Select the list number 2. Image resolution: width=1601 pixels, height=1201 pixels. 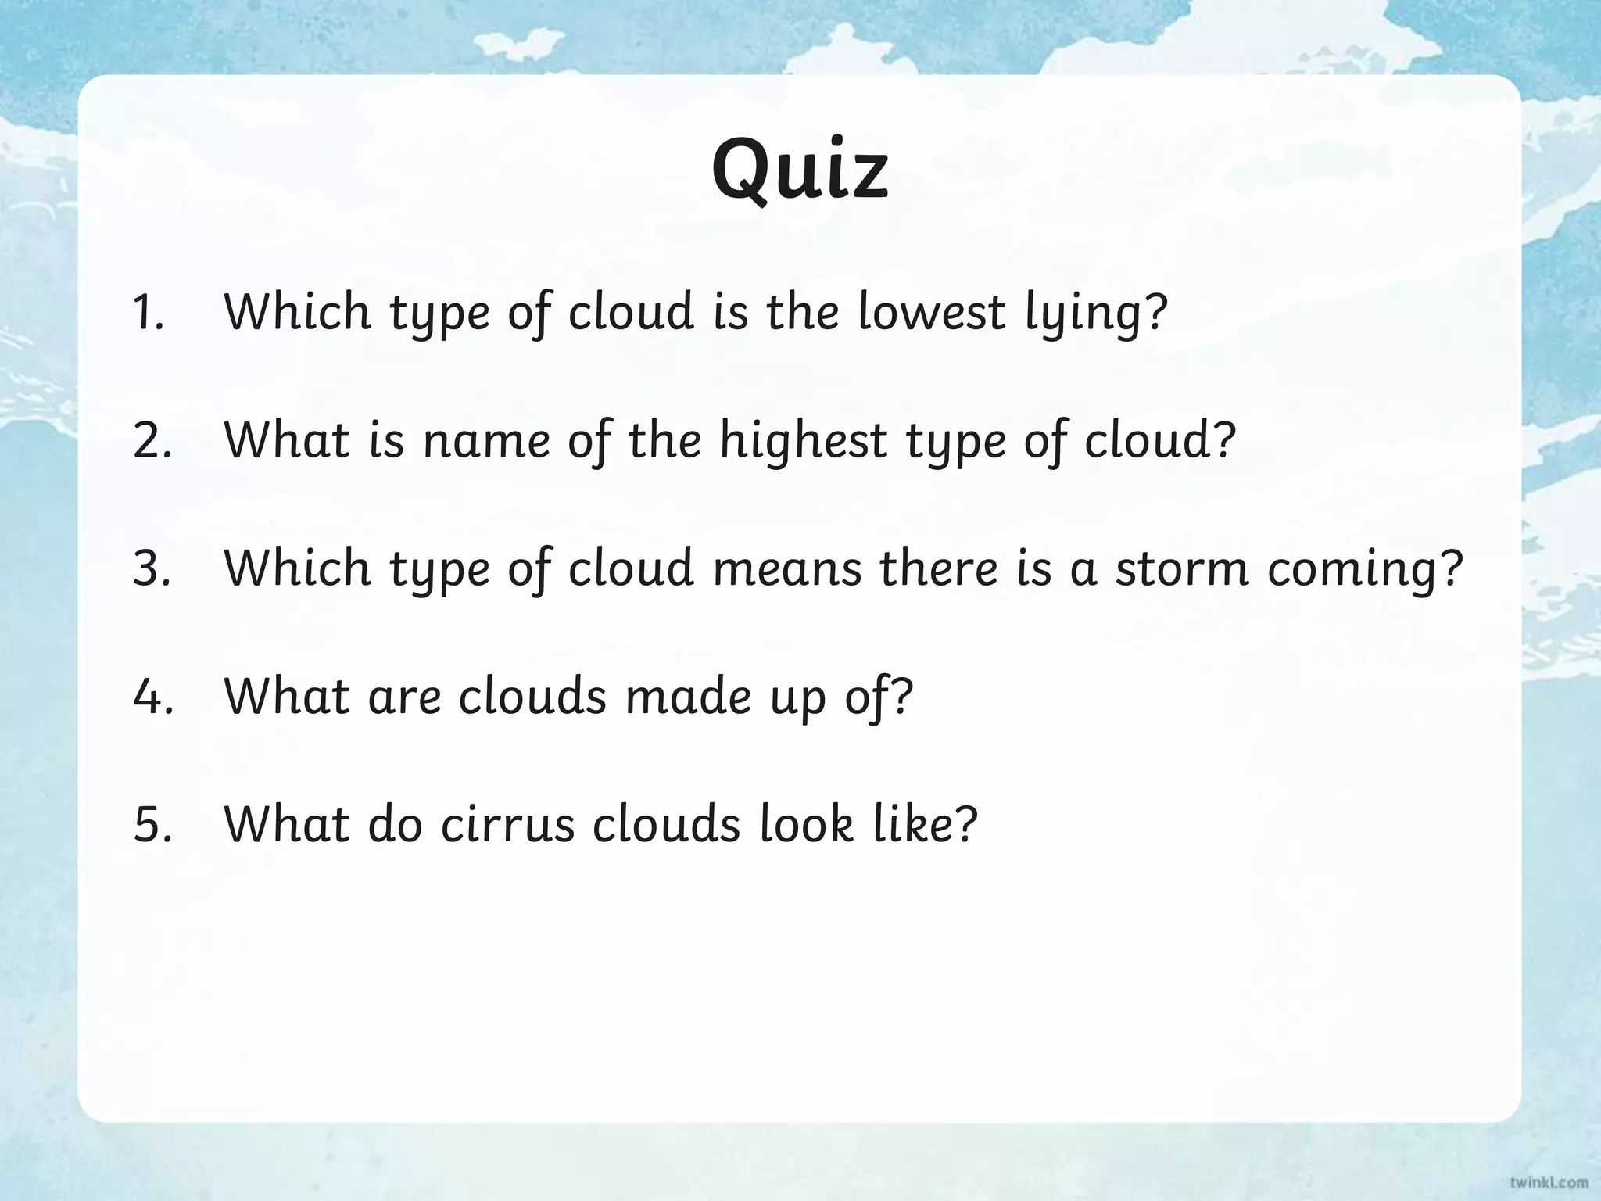point(152,441)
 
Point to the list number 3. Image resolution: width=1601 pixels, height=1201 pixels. point(152,568)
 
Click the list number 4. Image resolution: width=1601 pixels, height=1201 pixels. point(152,697)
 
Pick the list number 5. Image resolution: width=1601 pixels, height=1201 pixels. point(152,825)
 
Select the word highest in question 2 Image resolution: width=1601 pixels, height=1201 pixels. point(803,441)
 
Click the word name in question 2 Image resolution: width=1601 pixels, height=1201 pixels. point(486,441)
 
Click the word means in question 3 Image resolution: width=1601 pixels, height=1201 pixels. point(787,568)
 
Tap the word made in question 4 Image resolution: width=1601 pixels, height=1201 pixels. point(688,697)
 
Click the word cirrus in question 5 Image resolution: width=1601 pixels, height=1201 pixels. point(507,825)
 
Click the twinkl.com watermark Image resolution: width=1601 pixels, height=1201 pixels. point(1549,1182)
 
